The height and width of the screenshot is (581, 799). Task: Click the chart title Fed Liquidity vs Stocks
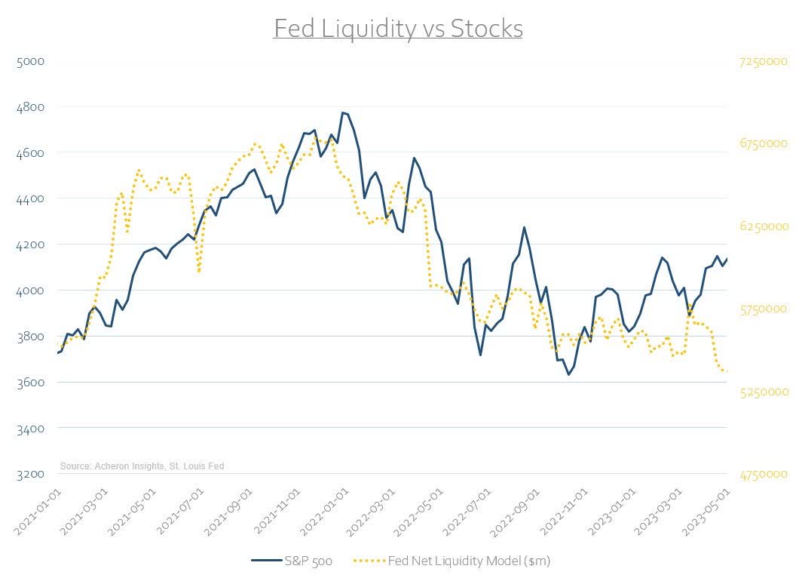coord(398,29)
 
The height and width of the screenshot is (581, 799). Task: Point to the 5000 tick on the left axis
coord(29,60)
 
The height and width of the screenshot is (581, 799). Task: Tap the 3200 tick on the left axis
coord(29,474)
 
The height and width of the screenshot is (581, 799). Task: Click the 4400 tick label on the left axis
coord(29,198)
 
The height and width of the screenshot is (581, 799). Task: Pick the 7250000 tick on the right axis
coord(762,60)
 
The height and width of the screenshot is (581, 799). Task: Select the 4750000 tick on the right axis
coord(762,474)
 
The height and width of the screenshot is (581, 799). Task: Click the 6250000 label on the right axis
coord(762,226)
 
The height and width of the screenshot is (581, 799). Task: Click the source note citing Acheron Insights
coord(142,466)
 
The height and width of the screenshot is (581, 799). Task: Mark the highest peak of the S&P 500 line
coord(342,112)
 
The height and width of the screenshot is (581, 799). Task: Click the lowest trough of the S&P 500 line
coord(568,374)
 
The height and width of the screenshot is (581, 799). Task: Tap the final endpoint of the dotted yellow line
coord(726,371)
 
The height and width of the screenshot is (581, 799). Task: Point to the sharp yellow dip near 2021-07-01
coord(199,271)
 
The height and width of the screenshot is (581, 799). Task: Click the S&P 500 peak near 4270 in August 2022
coord(524,227)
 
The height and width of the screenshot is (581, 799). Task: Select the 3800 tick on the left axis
coord(29,336)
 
